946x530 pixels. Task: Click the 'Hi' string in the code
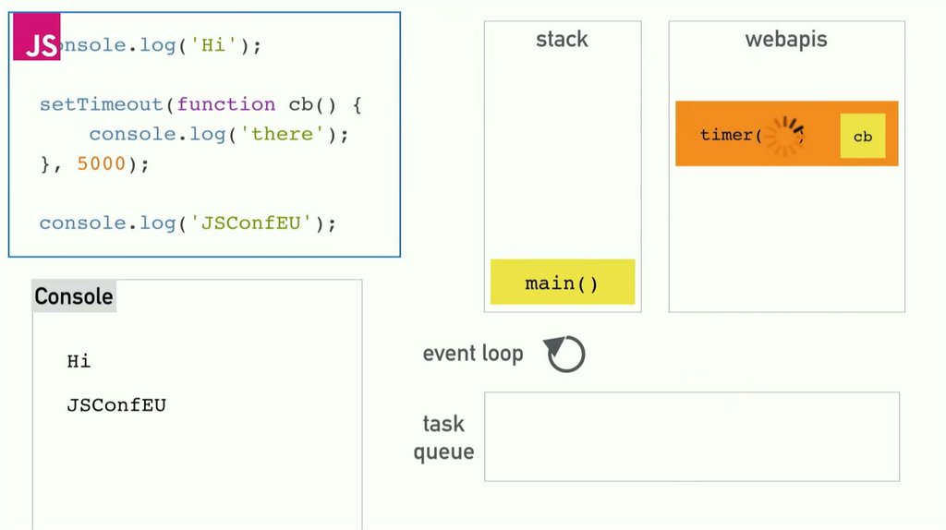213,45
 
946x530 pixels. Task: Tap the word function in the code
226,104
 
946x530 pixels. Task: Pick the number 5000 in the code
101,163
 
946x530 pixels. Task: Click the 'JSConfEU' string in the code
252,223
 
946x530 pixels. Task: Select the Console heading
74,296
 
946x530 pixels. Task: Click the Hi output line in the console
79,361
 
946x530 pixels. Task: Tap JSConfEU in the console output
116,405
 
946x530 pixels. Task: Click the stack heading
562,40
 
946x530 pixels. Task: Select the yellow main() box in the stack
562,283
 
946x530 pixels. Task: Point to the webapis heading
786,40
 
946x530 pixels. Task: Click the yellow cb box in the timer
862,137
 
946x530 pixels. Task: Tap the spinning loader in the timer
786,136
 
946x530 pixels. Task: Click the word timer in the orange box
726,136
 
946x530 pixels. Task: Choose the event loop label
473,354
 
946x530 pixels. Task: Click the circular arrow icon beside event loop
565,354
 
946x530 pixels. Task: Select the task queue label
443,438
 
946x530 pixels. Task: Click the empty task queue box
691,437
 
